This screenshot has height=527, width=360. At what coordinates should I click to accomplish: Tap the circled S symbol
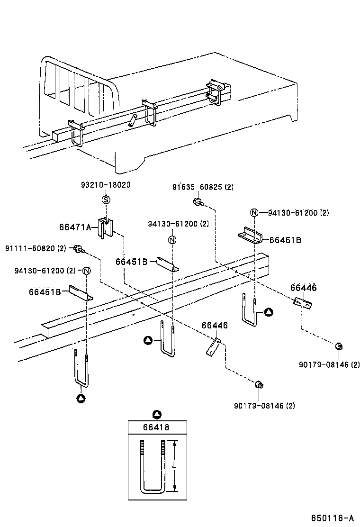[x=106, y=200]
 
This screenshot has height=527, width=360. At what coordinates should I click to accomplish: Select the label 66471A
[x=75, y=227]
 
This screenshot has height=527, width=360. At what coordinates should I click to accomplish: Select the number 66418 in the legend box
[x=156, y=427]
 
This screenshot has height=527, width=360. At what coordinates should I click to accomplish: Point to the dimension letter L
[x=175, y=467]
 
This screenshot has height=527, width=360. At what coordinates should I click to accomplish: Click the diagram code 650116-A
[x=333, y=518]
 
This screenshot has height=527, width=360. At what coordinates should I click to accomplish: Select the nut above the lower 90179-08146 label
[x=259, y=384]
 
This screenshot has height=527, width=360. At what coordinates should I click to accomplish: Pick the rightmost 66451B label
[x=285, y=240]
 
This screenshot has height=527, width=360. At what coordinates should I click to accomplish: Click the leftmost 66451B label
[x=45, y=291]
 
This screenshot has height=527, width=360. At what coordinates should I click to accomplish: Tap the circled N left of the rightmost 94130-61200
[x=254, y=213]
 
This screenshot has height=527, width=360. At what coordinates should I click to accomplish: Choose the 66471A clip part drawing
[x=105, y=228]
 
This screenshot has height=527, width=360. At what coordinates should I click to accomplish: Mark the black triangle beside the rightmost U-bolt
[x=269, y=311]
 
